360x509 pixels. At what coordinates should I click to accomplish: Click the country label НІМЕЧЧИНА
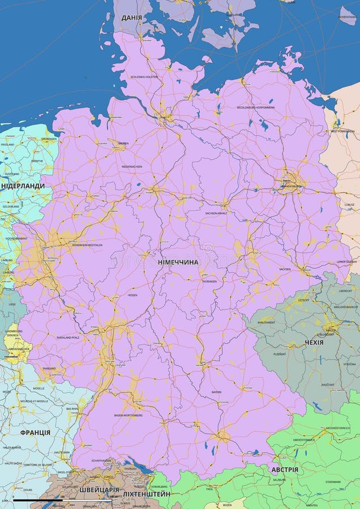[x=178, y=262]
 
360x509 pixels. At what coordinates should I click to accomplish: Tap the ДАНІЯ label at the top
[x=131, y=18]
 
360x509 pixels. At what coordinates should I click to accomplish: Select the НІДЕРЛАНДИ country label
[x=23, y=186]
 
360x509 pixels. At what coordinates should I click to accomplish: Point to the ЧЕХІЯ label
[x=314, y=342]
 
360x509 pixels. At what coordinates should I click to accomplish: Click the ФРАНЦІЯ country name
[x=35, y=433]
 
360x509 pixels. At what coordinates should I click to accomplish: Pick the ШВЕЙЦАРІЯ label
[x=100, y=490]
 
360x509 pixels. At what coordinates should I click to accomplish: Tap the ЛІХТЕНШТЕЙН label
[x=147, y=494]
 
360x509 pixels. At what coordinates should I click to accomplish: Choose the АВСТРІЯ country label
[x=285, y=470]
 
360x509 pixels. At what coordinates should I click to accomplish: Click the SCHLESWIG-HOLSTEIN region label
[x=144, y=77]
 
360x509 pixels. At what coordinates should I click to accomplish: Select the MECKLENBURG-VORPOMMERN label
[x=256, y=107]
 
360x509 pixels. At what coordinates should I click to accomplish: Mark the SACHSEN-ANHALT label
[x=217, y=213]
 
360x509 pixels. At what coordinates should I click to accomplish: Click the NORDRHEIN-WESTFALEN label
[x=87, y=245]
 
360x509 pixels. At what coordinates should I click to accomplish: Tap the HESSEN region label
[x=132, y=295]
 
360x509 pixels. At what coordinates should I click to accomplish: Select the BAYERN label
[x=216, y=391]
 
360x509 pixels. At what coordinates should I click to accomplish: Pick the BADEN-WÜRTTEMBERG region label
[x=128, y=415]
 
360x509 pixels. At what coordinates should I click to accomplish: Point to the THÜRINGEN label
[x=209, y=281]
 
